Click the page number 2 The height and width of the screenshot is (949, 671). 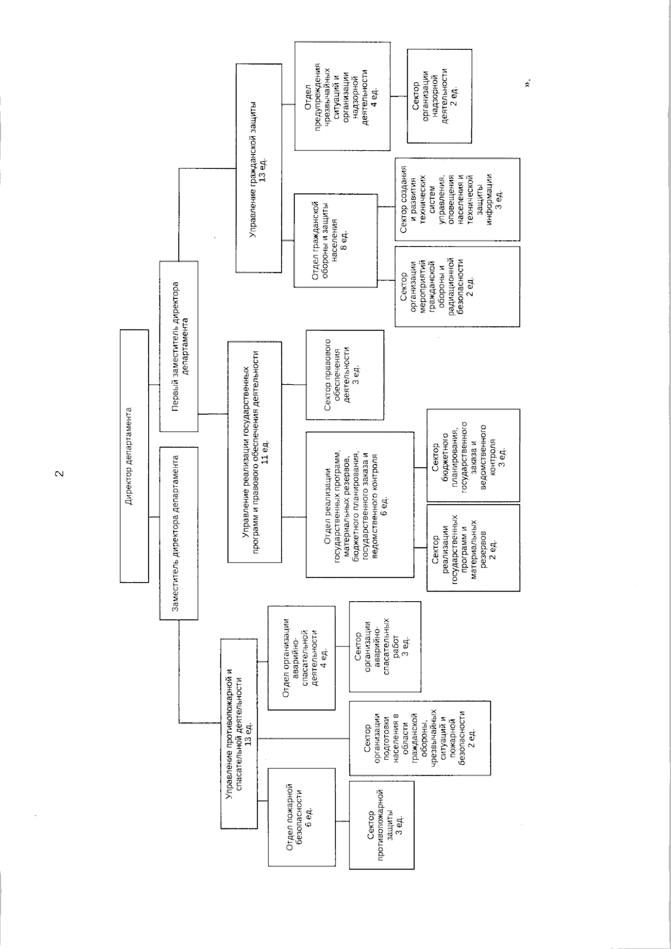point(58,474)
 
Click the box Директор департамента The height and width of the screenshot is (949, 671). point(134,456)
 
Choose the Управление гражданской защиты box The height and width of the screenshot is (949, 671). point(258,168)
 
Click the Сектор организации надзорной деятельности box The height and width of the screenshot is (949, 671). point(438,96)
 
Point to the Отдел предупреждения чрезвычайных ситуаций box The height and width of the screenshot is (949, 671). point(342,96)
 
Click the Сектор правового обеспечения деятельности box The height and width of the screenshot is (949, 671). point(344,375)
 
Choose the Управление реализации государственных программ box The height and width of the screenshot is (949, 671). point(254,451)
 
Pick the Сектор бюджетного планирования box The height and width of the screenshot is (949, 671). point(472,455)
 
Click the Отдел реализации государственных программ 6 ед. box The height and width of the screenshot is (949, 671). point(360,504)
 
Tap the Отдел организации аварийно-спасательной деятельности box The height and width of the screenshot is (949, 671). point(302,658)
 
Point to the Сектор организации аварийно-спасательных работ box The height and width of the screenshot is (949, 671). point(385,646)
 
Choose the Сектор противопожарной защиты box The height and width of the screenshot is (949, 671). point(382,825)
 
